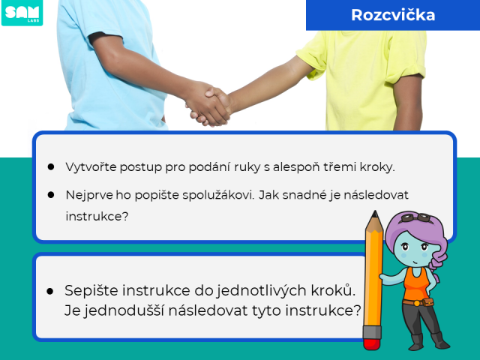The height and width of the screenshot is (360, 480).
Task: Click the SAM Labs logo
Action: coord(22,13)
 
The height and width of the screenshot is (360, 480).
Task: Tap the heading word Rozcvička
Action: coord(393,15)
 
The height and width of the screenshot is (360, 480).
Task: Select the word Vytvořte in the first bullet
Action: coord(91,167)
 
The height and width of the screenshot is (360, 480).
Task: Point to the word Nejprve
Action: coord(89,195)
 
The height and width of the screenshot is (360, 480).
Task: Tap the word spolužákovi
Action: coord(218,195)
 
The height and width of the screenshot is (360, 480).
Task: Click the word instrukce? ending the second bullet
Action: coord(97,217)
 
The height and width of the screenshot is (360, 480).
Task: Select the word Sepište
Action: coord(91,290)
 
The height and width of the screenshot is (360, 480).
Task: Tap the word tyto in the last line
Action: coord(267,311)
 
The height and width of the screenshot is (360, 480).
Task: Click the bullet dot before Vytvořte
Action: coord(51,167)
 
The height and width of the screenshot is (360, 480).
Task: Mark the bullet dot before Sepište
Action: coord(50,291)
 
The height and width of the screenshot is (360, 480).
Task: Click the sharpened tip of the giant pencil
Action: coord(375,212)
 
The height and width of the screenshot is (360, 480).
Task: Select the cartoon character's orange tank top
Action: coord(415,284)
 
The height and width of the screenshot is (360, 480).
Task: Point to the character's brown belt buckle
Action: coord(416,303)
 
